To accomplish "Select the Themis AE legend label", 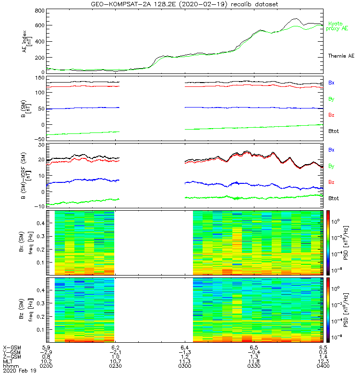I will [x=340, y=56].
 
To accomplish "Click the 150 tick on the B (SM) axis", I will [x=39, y=77].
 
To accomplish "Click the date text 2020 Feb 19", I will [x=17, y=371].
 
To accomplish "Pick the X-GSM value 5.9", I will [x=47, y=347].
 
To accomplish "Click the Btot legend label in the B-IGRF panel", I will [x=335, y=198].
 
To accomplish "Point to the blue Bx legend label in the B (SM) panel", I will [x=331, y=83].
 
